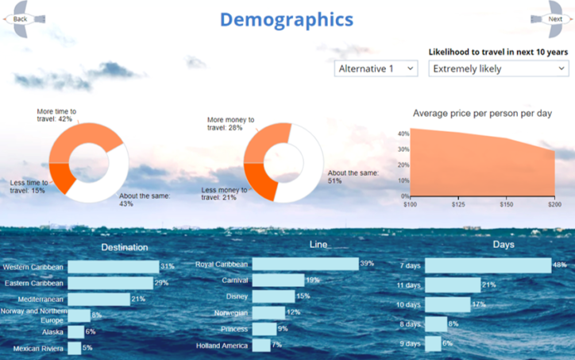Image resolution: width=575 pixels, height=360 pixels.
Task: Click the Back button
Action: tap(20, 18)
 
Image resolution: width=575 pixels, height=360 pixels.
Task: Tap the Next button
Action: tap(554, 18)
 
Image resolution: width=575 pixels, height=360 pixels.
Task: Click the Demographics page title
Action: tap(286, 19)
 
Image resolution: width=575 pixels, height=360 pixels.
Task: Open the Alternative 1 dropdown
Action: tap(376, 68)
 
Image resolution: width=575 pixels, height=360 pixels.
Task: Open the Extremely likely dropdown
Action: tap(498, 68)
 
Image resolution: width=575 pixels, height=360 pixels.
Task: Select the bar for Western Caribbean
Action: tap(113, 267)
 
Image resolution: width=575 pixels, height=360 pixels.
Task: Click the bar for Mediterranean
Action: tap(98, 299)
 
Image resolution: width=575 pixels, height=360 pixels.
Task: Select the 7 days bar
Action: tap(488, 265)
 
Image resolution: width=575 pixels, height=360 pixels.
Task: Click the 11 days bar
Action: tap(453, 285)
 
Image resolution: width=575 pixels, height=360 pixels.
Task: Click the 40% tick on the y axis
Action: tap(403, 134)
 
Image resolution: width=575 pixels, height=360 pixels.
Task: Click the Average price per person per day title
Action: tap(482, 114)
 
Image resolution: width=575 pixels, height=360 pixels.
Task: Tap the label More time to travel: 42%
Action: tap(57, 114)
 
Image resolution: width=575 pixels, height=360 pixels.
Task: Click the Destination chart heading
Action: tap(125, 247)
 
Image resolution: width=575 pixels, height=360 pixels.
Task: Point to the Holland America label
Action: tap(222, 346)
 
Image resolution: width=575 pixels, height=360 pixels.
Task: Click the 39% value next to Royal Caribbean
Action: tap(366, 264)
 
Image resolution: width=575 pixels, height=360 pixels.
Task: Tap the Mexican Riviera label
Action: tap(38, 348)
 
